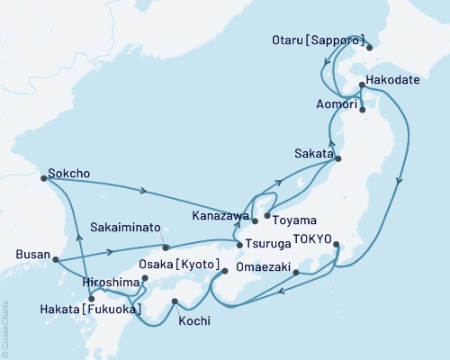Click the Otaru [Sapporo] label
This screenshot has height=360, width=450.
pyautogui.click(x=319, y=40)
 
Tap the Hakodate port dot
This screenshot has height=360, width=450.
pyautogui.click(x=361, y=86)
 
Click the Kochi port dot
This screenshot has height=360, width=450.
pyautogui.click(x=175, y=301)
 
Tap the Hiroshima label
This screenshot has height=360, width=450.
pyautogui.click(x=112, y=282)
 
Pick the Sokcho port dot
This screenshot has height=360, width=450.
pyautogui.click(x=43, y=178)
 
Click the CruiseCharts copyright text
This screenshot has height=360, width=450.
pyautogui.click(x=7, y=327)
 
